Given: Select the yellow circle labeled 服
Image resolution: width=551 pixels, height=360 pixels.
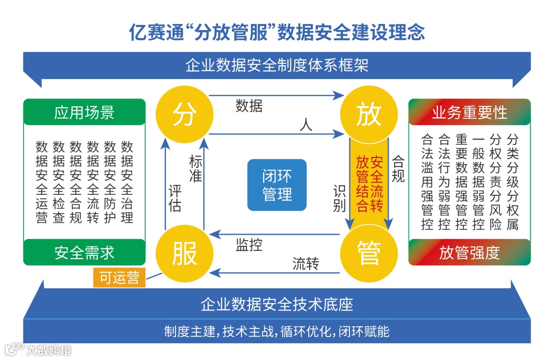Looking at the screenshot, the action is [x=184, y=253].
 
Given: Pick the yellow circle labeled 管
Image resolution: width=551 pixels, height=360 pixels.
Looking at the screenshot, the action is [x=369, y=253].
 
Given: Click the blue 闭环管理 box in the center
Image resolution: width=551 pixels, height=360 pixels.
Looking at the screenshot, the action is [x=277, y=185].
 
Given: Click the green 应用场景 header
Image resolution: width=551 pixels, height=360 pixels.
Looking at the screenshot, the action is [x=85, y=112].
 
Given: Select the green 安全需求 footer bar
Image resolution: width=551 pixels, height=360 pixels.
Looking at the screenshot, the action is [x=85, y=252].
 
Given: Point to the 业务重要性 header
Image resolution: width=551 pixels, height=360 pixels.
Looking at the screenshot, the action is [x=469, y=112].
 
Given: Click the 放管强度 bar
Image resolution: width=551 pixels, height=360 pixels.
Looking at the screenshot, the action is [x=469, y=252].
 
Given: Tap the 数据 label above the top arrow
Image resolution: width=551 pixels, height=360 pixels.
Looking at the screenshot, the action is [x=249, y=106].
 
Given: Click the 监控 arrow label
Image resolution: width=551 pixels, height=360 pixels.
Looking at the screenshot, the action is [x=249, y=245].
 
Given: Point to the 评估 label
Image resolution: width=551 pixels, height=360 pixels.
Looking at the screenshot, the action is [x=175, y=198].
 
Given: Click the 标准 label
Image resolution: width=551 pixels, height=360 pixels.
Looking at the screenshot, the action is [x=195, y=169].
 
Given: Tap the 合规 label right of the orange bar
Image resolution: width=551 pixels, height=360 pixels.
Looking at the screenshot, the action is [x=398, y=169].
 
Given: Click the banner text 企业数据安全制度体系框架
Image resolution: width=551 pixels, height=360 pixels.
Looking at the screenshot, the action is [x=277, y=66].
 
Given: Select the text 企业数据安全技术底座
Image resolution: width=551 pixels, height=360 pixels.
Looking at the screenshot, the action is [x=277, y=304].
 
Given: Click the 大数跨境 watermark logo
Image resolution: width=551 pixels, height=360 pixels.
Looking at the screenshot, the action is [x=38, y=349].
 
